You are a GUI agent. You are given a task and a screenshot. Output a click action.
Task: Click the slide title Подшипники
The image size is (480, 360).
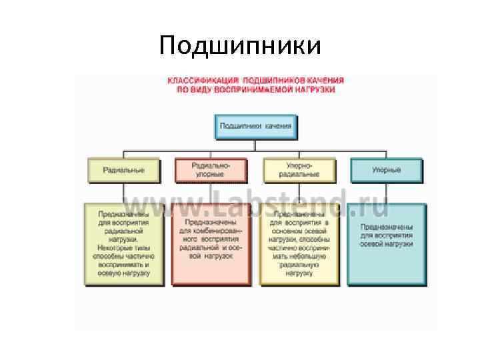[240, 45]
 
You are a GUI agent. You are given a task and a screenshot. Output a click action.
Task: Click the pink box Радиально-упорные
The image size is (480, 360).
[211, 169]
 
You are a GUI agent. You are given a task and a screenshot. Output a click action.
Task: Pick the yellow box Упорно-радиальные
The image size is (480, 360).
[299, 169]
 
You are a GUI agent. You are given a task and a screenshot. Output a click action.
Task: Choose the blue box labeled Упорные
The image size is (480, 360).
[387, 170]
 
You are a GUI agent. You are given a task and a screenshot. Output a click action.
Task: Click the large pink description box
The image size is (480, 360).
[211, 244]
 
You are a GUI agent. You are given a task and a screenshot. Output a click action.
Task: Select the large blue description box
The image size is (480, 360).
[387, 244]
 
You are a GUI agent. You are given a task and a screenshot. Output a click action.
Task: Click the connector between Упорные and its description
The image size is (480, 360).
[387, 193]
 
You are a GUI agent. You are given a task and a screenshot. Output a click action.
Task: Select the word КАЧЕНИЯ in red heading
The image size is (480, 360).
[321, 81]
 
